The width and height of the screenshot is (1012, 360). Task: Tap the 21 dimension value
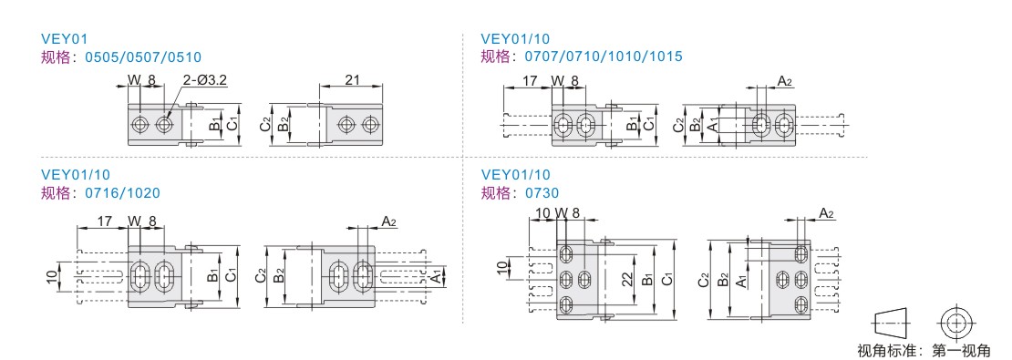point(353,80)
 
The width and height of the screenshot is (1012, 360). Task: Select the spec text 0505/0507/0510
point(143,57)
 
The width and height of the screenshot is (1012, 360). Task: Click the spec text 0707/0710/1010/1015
point(604,57)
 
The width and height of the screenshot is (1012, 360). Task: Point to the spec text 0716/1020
point(123,193)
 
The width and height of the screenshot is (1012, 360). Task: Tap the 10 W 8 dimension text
point(558,213)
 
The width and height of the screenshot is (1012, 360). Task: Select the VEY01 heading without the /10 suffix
point(64,38)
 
